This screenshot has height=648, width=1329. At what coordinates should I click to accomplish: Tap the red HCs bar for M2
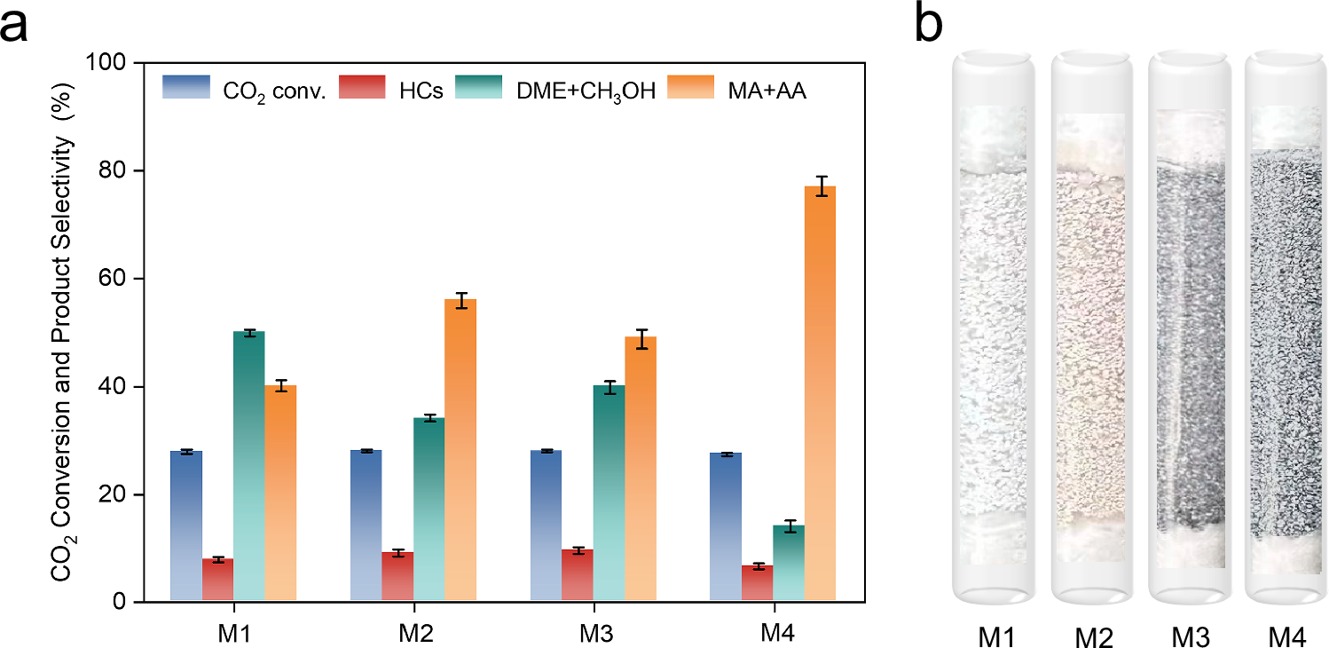(397, 577)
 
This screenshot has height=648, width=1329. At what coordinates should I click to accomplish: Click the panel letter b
(929, 25)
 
